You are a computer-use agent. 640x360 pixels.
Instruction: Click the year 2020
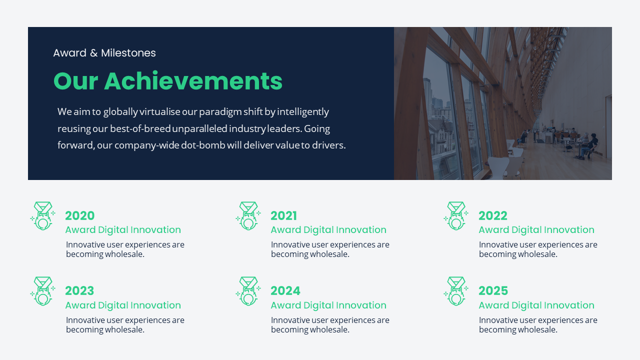(x=79, y=215)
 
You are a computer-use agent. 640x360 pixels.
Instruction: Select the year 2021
(x=283, y=215)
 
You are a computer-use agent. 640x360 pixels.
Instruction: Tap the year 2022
(x=492, y=215)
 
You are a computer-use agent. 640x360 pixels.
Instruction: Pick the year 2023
(x=79, y=290)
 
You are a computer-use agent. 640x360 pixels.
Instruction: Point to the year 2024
(x=285, y=290)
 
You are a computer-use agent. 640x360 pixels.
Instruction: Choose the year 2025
(x=493, y=290)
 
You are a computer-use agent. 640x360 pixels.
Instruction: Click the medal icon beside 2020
(x=43, y=216)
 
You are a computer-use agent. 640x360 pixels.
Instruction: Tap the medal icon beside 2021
(x=248, y=216)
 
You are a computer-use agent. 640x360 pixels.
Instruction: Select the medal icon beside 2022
(x=456, y=216)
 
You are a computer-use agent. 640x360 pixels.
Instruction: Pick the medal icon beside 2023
(x=43, y=291)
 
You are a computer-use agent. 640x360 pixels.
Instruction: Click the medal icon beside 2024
(x=248, y=291)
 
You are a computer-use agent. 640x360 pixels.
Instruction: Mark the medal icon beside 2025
(x=456, y=291)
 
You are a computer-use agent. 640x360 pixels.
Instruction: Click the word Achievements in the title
(x=193, y=81)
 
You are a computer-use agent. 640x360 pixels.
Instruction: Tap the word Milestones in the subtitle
(x=128, y=53)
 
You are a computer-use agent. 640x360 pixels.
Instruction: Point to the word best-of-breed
(x=140, y=128)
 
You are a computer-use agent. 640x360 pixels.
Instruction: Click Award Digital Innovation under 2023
(x=123, y=305)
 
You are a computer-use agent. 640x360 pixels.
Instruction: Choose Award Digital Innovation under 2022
(x=536, y=230)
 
